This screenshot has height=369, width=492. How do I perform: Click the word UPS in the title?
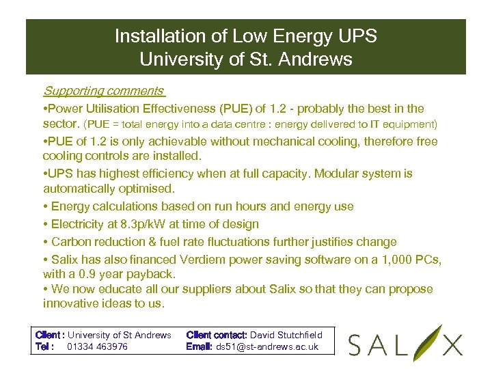pyautogui.click(x=359, y=36)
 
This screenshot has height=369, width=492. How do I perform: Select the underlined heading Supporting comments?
pyautogui.click(x=103, y=91)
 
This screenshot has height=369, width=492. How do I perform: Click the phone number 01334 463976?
pyautogui.click(x=98, y=346)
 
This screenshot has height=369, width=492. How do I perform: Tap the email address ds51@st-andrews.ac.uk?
pyautogui.click(x=267, y=346)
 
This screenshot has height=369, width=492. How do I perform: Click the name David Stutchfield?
pyautogui.click(x=286, y=335)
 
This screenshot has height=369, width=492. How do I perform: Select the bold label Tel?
pyautogui.click(x=43, y=346)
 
